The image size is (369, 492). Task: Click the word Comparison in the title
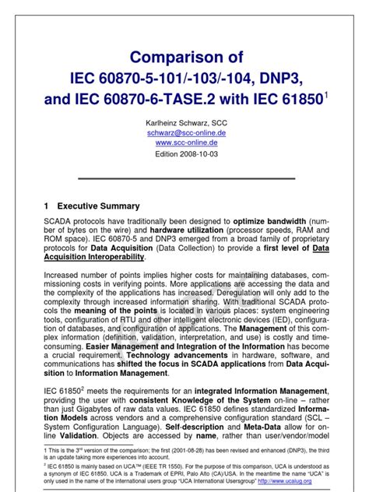(x=176, y=57)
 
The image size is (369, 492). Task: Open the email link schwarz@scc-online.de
(x=186, y=133)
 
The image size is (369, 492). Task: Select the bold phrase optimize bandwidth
(x=274, y=222)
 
